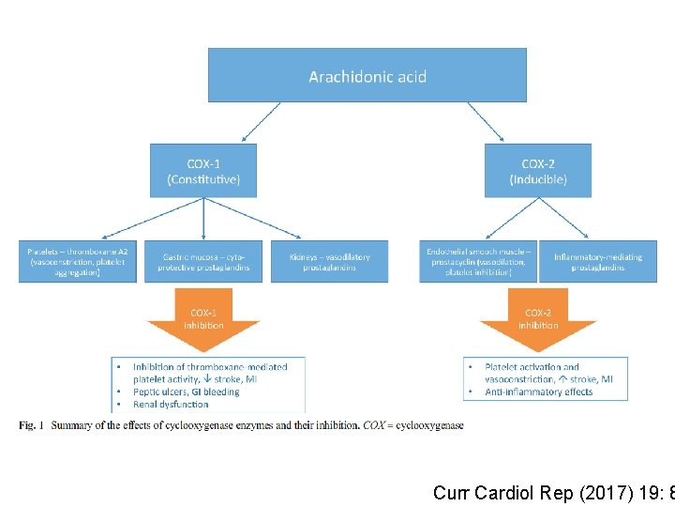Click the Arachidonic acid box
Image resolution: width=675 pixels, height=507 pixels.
367,75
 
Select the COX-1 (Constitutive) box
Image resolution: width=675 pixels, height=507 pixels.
203,170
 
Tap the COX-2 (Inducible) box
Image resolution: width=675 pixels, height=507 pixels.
537,170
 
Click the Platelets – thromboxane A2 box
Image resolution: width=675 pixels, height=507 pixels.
78,262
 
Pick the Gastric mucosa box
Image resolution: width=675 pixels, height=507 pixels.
203,262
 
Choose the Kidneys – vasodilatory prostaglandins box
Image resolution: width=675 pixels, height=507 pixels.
329,262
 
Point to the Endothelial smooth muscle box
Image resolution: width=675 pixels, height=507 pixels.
478,262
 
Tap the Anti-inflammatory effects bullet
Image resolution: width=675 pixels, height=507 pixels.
538,392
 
